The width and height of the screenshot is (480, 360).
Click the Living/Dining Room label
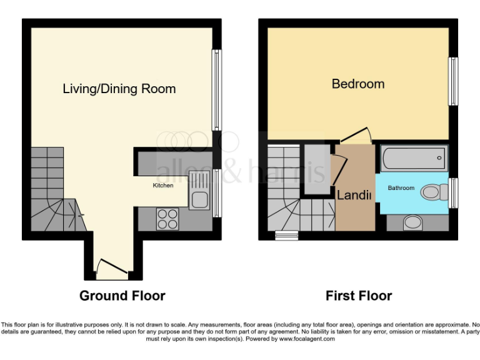(x=119, y=89)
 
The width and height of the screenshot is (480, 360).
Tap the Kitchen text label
(x=163, y=186)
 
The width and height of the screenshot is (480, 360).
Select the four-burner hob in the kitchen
(x=167, y=219)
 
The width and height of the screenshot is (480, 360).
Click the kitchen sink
(x=200, y=200)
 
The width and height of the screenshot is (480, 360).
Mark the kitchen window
(x=217, y=192)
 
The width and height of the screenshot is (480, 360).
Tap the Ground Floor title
(x=122, y=296)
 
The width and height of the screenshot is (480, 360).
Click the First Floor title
(x=359, y=296)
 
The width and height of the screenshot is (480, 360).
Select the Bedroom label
(x=358, y=84)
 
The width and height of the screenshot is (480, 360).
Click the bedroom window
(x=453, y=82)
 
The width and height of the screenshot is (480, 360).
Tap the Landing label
(x=354, y=195)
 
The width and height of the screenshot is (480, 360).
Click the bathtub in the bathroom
(x=414, y=158)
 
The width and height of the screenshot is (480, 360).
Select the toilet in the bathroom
(x=432, y=192)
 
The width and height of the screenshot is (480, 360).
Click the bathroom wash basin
(x=411, y=221)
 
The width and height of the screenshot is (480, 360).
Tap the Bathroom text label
(x=401, y=187)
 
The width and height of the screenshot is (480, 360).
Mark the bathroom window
(x=453, y=192)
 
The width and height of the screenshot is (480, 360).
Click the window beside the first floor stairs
(x=287, y=236)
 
